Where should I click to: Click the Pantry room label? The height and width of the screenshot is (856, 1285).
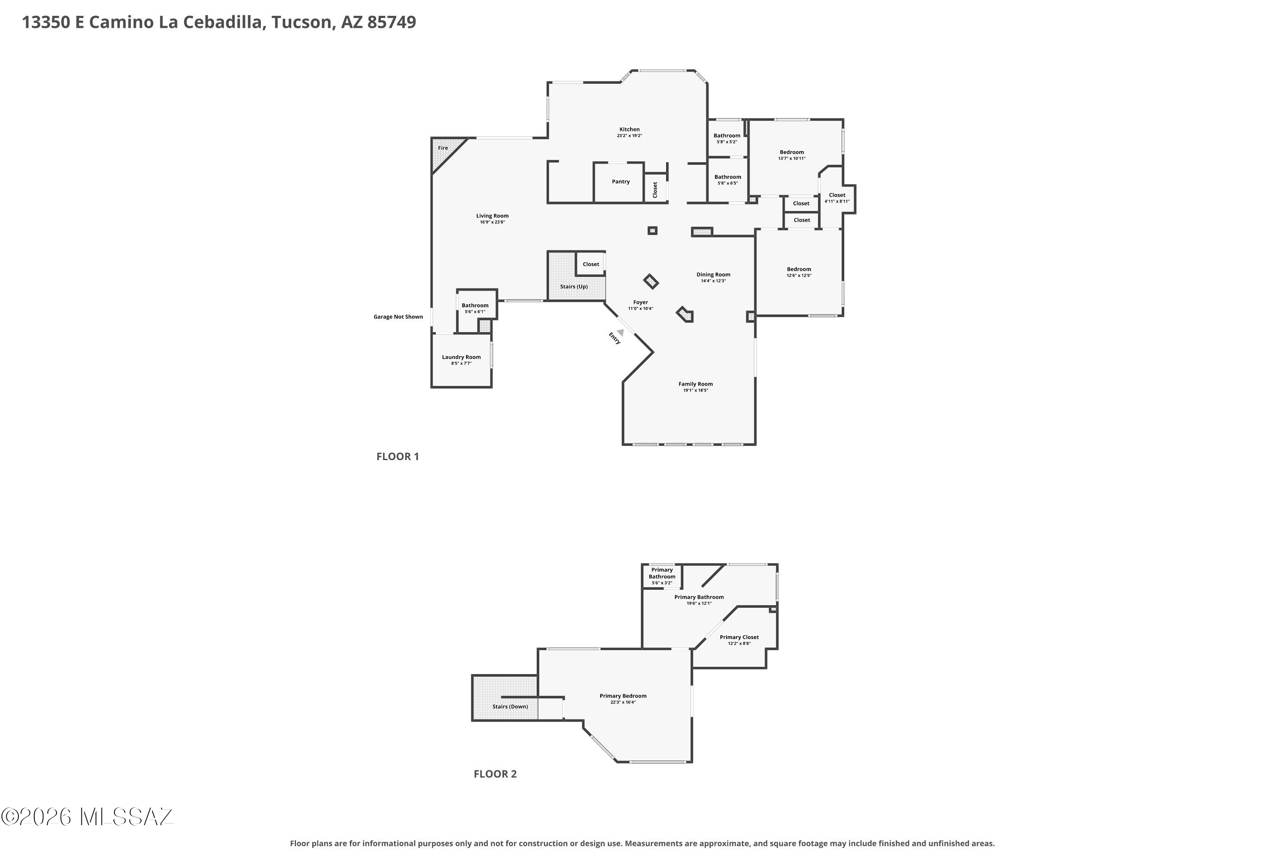(621, 182)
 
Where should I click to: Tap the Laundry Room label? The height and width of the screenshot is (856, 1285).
(461, 357)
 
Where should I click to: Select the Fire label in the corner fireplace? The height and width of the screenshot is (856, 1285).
(442, 148)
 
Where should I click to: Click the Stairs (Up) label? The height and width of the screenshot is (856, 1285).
(574, 287)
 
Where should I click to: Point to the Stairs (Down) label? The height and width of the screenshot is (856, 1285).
(510, 707)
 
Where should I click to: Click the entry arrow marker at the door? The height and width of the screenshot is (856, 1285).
(620, 333)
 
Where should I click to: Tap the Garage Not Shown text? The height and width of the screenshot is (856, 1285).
(398, 317)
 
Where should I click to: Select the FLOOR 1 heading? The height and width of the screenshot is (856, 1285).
(398, 456)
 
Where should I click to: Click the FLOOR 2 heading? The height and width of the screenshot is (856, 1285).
(495, 773)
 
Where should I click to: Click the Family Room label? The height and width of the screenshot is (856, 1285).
(696, 384)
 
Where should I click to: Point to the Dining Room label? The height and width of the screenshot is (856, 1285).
(713, 275)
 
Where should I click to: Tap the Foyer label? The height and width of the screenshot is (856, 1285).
(640, 302)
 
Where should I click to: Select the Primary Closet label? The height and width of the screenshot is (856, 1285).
(739, 637)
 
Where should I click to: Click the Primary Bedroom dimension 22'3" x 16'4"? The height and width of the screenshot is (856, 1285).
(623, 702)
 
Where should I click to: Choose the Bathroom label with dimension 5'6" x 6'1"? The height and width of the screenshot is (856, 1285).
(475, 306)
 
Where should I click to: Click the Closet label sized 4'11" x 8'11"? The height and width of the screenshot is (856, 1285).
(837, 195)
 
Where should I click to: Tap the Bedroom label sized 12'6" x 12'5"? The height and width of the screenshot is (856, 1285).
(799, 269)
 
